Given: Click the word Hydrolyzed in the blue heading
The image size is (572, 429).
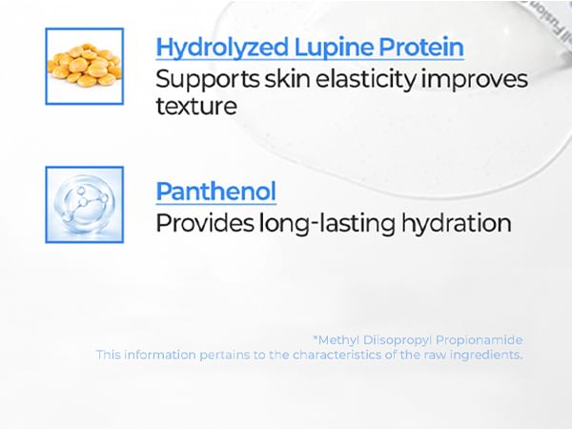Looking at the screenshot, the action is pyautogui.click(x=222, y=48).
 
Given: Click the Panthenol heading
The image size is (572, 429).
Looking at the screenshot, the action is pyautogui.click(x=216, y=191).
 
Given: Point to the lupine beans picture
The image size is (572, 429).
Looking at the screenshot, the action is pyautogui.click(x=85, y=67).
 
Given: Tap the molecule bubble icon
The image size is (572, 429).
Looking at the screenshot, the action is pyautogui.click(x=85, y=205).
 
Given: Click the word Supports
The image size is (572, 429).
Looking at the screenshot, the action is pyautogui.click(x=207, y=80).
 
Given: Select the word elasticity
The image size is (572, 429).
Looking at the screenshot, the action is pyautogui.click(x=365, y=80).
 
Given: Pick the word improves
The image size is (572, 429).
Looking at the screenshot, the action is pyautogui.click(x=475, y=80).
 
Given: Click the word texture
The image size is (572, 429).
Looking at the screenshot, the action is pyautogui.click(x=196, y=107).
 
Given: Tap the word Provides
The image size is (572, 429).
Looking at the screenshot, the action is pyautogui.click(x=205, y=223).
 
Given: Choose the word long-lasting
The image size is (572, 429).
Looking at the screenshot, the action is pyautogui.click(x=327, y=224).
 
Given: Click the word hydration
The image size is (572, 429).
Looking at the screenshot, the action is pyautogui.click(x=456, y=224).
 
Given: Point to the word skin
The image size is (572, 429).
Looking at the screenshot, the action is pyautogui.click(x=287, y=79).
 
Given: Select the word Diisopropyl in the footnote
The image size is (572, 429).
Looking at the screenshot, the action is pyautogui.click(x=398, y=340).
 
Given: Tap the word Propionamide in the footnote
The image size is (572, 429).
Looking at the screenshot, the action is pyautogui.click(x=480, y=340).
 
